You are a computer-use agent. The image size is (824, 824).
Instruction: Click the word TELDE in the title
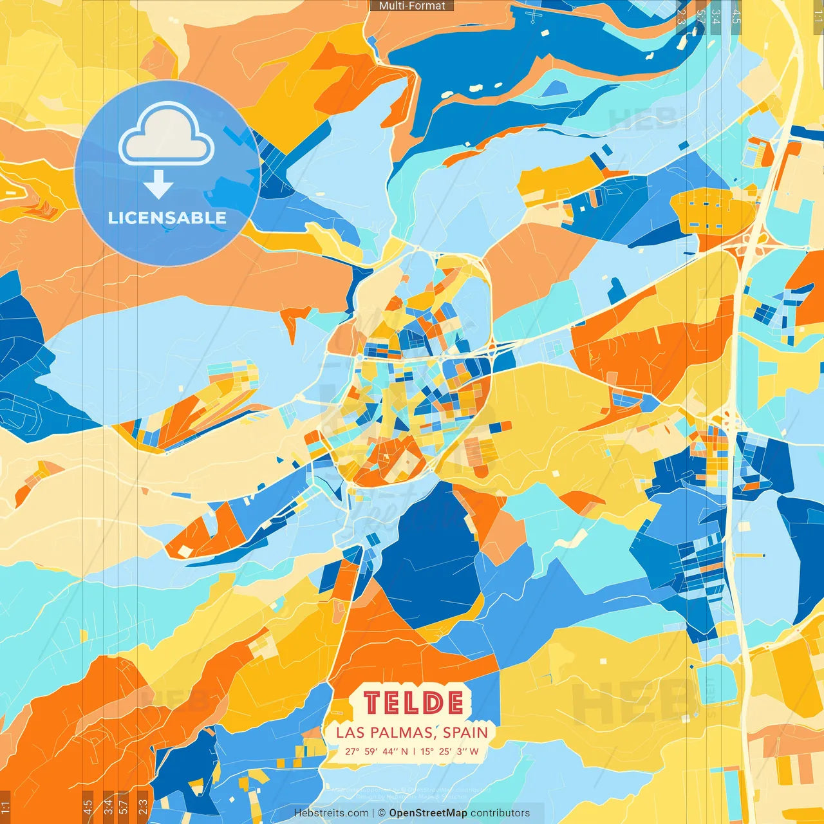click(413, 703)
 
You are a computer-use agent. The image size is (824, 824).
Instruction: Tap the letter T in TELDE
click(372, 703)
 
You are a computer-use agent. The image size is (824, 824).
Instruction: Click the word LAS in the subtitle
click(350, 733)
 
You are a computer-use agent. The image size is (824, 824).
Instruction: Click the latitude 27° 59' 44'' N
click(377, 751)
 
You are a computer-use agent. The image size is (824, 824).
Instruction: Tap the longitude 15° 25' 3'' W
click(450, 751)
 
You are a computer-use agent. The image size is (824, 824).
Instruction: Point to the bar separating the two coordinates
click(415, 751)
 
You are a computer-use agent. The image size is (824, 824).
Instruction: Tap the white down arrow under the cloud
click(158, 185)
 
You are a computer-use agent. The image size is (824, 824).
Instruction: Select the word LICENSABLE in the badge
click(167, 218)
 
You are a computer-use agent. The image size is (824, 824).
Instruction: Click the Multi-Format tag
click(412, 6)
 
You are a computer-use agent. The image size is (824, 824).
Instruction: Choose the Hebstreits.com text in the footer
click(331, 813)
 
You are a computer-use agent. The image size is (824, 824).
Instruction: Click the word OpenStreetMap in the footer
click(428, 813)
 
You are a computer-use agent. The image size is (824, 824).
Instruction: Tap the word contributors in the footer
click(500, 813)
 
